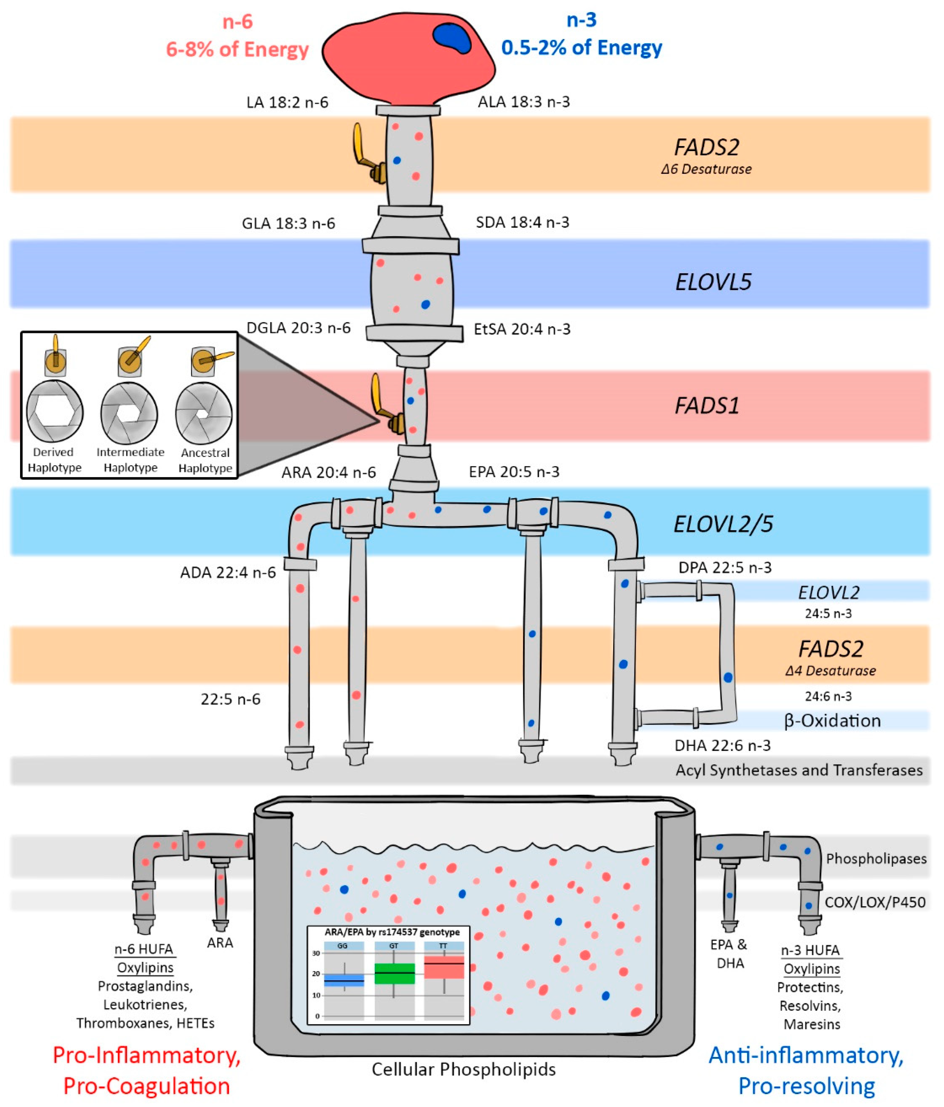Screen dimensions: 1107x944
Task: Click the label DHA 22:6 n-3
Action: coord(722,745)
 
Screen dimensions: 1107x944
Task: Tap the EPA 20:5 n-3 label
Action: coord(514,472)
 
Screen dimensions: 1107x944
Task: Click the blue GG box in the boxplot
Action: coord(343,980)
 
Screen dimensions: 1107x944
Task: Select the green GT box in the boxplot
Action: coord(394,974)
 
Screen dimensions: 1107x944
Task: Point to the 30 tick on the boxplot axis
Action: coord(316,953)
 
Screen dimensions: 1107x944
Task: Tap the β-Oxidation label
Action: coord(832,720)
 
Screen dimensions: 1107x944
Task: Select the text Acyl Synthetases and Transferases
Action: coord(799,770)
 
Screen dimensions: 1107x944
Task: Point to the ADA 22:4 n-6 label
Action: coord(228,573)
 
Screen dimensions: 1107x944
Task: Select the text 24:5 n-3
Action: coord(828,613)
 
